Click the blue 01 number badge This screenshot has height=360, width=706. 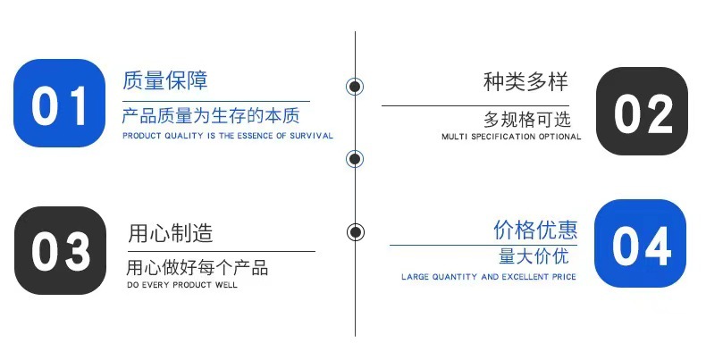point(60,104)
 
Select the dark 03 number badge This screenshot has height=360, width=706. point(60,251)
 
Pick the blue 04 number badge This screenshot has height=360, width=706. point(641,244)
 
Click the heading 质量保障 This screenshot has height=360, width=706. point(165,80)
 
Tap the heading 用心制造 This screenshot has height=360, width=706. point(171,234)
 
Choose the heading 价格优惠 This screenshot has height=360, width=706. point(535,230)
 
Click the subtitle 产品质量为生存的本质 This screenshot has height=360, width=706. point(211,117)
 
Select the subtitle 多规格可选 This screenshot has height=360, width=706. point(527,119)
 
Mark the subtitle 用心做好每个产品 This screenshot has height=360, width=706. point(197,268)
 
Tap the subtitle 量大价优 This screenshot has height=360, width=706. point(534,257)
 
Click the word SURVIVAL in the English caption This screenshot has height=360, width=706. point(315,136)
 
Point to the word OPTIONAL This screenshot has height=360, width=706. point(560,138)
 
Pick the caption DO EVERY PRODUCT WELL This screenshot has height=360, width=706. point(182,285)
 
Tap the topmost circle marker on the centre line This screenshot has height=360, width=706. point(355,87)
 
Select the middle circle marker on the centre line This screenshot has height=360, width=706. point(355,160)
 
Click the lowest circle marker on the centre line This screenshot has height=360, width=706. point(356,232)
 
